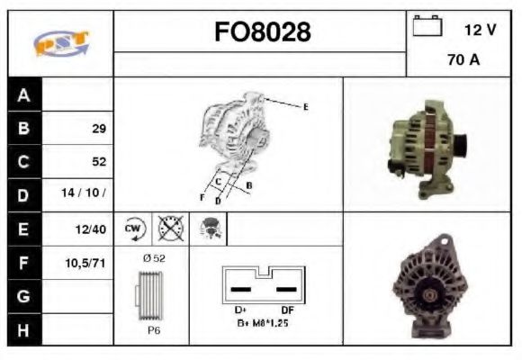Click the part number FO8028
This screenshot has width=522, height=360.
pos(261,33)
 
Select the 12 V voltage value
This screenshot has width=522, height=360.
pos(480,30)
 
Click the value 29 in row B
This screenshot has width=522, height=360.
pos(98,129)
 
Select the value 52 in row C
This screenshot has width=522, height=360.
pos(98,162)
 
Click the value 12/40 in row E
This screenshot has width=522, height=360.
pos(92,229)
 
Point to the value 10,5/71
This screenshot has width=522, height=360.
pos(88,263)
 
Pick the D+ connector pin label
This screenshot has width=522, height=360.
pos(239,309)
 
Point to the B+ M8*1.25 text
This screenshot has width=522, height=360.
pos(261,321)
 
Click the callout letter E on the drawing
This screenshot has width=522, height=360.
pos(305,107)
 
